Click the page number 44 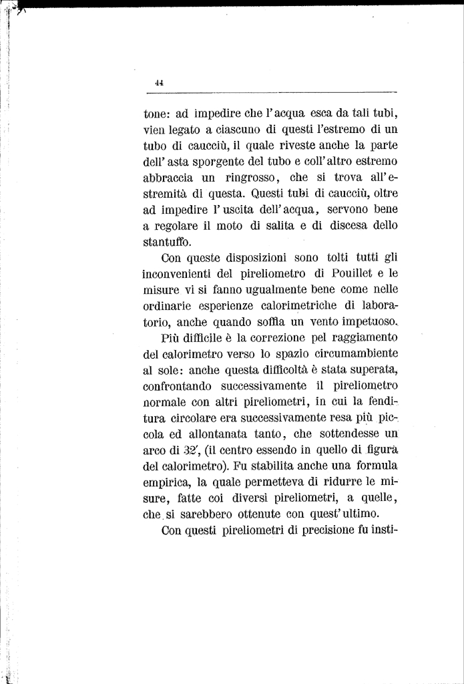coord(158,83)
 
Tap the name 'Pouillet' coord(342,273)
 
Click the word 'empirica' coord(169,482)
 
